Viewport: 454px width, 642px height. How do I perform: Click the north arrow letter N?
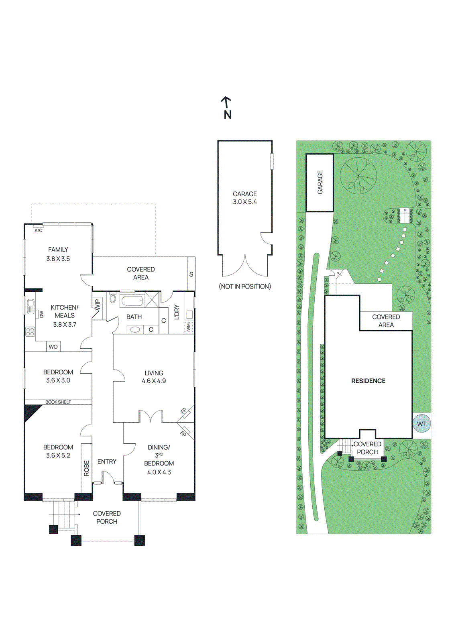click(228, 115)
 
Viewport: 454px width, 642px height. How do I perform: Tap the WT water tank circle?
click(421, 424)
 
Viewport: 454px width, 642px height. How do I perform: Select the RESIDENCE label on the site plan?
click(368, 381)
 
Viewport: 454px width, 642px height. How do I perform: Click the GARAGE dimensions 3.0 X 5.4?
click(245, 202)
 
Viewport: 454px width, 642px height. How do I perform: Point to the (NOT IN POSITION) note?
click(245, 286)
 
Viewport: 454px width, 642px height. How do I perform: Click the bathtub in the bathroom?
click(132, 301)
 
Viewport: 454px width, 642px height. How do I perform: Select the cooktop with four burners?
click(30, 331)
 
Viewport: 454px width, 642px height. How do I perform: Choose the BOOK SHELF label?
click(58, 402)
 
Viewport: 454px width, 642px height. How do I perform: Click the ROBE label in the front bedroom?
click(86, 468)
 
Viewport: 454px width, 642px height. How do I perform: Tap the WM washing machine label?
click(189, 327)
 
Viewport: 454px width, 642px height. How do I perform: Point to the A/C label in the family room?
click(39, 230)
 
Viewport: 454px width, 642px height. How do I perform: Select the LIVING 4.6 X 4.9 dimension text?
click(154, 381)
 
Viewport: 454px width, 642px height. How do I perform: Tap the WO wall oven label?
click(53, 347)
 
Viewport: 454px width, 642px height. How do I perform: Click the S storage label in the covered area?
click(191, 274)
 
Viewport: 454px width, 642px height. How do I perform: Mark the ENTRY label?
click(107, 461)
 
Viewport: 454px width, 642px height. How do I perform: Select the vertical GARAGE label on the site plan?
click(320, 183)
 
